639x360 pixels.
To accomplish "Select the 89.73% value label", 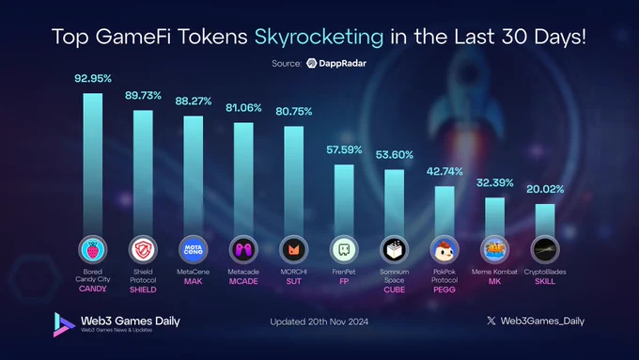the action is coord(143,95).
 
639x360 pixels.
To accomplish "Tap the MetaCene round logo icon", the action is coord(194,249).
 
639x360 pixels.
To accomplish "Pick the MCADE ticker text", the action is coord(243,281).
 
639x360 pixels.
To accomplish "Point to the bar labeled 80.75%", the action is coord(294,181).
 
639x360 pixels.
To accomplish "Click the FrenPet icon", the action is coord(344,249).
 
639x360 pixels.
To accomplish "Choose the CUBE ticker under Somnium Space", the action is coord(394,290).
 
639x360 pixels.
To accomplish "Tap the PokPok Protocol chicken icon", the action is coord(444,249).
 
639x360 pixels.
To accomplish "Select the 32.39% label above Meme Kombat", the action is coord(494,182).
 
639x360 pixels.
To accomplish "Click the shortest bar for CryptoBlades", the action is coord(545,220).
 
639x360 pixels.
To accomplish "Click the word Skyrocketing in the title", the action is coord(319,37).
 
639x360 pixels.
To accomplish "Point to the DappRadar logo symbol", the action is coord(312,63).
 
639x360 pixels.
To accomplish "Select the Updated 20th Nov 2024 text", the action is coord(319,321).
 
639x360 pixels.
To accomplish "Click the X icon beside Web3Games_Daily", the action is coord(491,321).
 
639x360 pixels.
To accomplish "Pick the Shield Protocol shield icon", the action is coord(143,249).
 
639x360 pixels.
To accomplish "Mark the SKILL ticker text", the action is coord(545,281).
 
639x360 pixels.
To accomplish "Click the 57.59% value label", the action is coord(344,149).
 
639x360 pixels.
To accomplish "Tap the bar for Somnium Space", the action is coord(394,203).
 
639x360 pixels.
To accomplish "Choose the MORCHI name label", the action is coord(294,272).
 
